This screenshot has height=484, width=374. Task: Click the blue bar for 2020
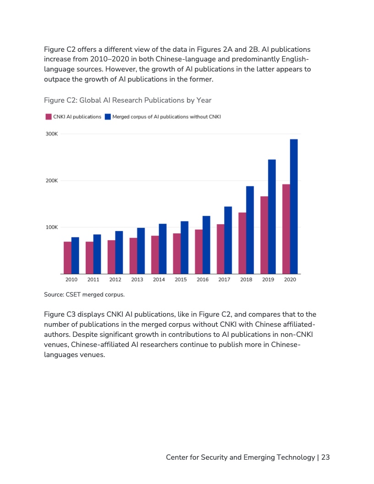(294, 206)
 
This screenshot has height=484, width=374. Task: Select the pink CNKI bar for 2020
(286, 229)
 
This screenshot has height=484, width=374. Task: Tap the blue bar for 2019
(272, 216)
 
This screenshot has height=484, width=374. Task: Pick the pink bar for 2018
(242, 243)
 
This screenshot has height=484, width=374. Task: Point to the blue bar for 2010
(75, 255)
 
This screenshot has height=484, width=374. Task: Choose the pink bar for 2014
(155, 254)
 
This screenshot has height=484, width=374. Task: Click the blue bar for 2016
(206, 245)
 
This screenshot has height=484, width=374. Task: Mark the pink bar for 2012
(111, 257)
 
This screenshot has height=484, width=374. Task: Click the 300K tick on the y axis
(51, 134)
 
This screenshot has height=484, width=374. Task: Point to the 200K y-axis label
(51, 181)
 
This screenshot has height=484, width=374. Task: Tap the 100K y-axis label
(51, 227)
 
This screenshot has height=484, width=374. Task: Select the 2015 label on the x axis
(181, 280)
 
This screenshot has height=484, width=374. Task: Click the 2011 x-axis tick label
(93, 280)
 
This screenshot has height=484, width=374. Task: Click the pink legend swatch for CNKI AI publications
(48, 117)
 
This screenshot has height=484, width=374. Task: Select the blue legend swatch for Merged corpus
(108, 117)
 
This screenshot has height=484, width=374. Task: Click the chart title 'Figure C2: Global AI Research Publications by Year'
(127, 100)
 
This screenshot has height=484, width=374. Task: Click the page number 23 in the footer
(325, 457)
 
